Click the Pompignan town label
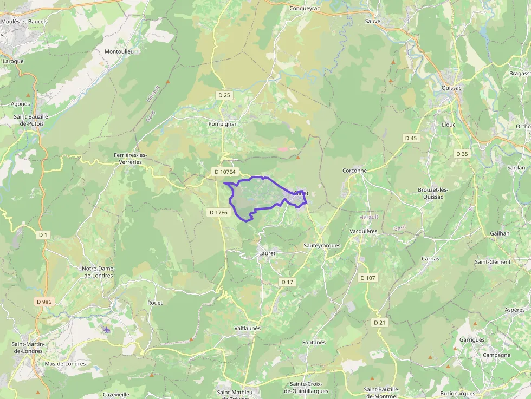coord(223,123)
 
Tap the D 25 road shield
coord(224,95)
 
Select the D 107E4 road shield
coord(225,172)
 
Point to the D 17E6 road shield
coord(219,213)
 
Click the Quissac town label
coord(451,88)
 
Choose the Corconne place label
coord(354,171)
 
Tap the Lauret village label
coord(267,253)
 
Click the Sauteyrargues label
coord(322,245)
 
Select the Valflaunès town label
coord(247,328)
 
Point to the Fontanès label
coord(314,342)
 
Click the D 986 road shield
coord(44,301)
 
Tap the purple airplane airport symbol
coord(107,330)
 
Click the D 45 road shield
coord(411,138)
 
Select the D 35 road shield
coord(462,154)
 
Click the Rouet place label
coord(155,303)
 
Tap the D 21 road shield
coord(379,322)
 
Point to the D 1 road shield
coord(43,234)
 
